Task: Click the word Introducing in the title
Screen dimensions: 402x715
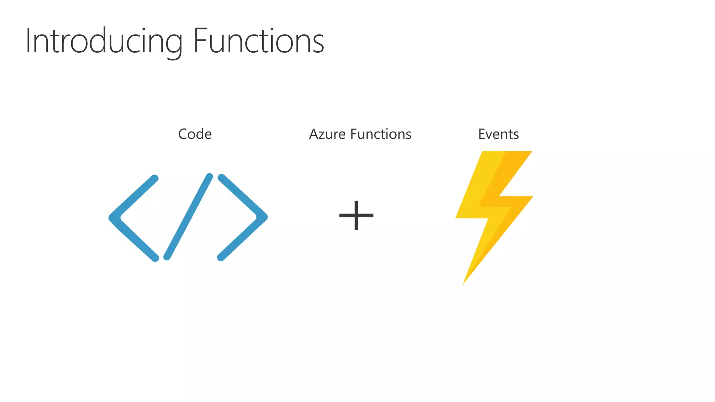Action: tap(104, 41)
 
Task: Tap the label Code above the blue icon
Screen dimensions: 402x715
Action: tap(195, 134)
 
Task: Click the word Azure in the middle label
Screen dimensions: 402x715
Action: tap(327, 134)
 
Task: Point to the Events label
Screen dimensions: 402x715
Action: tap(498, 134)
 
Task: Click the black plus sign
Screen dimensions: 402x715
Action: tap(356, 215)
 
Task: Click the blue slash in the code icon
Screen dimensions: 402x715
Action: tap(188, 217)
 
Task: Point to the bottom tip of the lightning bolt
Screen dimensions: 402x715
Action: tap(464, 283)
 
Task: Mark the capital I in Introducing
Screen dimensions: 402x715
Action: tap(28, 41)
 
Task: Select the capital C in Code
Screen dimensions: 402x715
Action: tap(183, 134)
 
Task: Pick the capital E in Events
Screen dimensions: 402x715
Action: tap(481, 134)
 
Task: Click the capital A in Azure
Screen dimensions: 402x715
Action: tap(314, 134)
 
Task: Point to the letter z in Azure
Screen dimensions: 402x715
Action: tap(324, 135)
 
